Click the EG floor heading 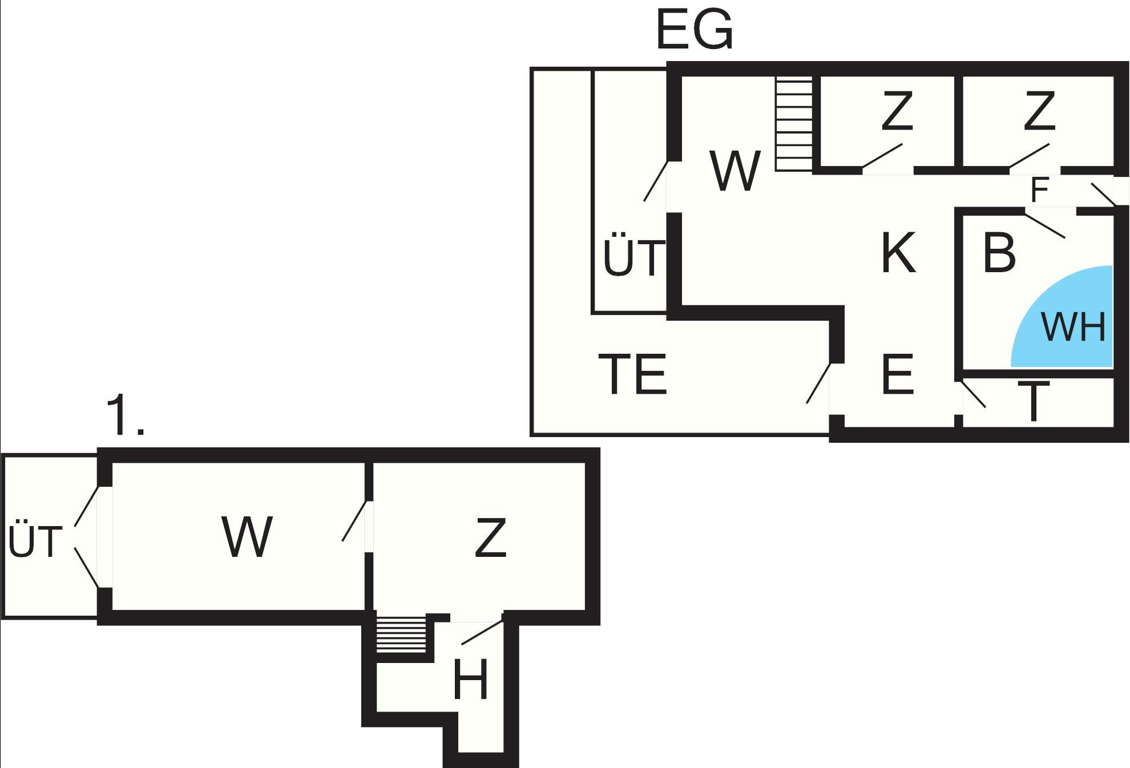[695, 30]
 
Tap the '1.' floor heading [125, 416]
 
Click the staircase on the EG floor [794, 124]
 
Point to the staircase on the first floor [401, 634]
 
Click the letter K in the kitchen [898, 252]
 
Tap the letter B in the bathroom [999, 251]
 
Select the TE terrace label [633, 374]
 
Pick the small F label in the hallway [1040, 191]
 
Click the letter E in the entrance [898, 374]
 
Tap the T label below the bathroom [1034, 401]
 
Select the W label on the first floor [247, 536]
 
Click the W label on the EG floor [735, 170]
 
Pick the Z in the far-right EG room [1039, 111]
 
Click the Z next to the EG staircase [897, 111]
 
